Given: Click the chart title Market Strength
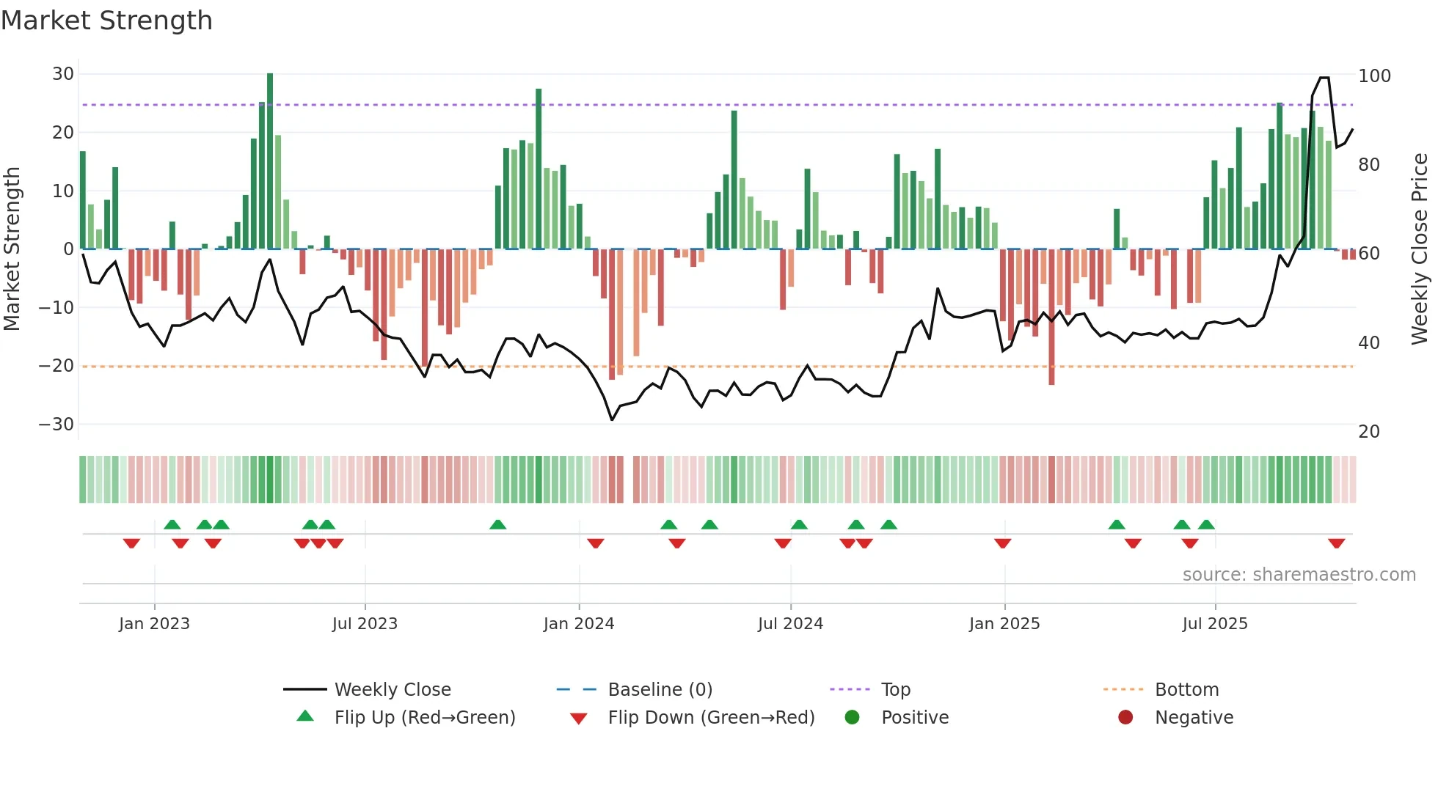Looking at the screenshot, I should [106, 21].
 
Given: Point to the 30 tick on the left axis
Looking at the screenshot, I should [63, 74].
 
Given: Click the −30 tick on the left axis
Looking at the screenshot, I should [56, 425].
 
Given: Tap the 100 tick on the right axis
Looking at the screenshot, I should [1374, 76].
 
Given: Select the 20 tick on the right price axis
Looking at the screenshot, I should [1369, 432].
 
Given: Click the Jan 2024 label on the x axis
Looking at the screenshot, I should [578, 624].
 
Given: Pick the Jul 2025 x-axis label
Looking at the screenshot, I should [1214, 624].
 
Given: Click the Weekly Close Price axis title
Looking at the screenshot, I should [1420, 249].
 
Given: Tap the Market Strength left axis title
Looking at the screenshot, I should [12, 249].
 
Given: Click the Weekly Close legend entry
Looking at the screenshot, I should [392, 690].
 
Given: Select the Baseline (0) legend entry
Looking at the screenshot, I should [660, 690].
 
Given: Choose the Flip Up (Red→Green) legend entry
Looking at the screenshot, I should [424, 718].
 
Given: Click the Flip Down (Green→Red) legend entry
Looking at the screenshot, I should [710, 718].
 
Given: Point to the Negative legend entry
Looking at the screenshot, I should [1193, 718].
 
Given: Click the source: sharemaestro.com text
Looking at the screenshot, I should [1299, 575].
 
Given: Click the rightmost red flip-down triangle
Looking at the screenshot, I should [1336, 543].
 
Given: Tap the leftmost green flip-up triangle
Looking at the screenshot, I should [172, 525].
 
